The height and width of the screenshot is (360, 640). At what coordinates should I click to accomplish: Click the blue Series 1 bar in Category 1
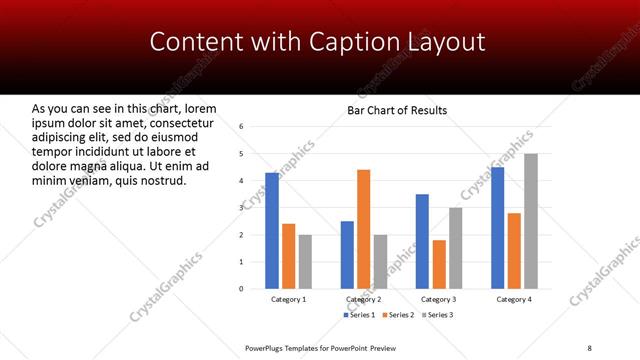(x=272, y=231)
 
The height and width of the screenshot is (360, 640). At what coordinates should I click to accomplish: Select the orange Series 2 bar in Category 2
(x=363, y=229)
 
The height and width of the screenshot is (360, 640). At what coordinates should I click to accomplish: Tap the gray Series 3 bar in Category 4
(x=530, y=221)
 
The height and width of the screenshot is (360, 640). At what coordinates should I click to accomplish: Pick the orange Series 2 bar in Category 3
(x=439, y=264)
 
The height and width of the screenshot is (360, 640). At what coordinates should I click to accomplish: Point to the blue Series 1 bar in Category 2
(x=347, y=255)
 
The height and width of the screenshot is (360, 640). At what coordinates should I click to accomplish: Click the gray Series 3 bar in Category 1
(x=305, y=262)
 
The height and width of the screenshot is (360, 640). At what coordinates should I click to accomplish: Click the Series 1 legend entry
(x=361, y=315)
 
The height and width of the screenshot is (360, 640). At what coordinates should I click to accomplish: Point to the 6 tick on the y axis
(x=241, y=127)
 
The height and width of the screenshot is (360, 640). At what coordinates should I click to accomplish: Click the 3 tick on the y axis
(x=241, y=208)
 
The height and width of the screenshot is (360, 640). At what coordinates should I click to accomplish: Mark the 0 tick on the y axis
(x=241, y=289)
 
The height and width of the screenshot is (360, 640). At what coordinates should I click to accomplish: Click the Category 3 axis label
(x=439, y=299)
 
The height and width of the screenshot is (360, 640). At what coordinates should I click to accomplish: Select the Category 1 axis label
(x=289, y=299)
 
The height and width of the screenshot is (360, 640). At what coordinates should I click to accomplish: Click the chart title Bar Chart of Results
(x=397, y=110)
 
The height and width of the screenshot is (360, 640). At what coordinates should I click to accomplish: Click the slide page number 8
(x=589, y=348)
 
